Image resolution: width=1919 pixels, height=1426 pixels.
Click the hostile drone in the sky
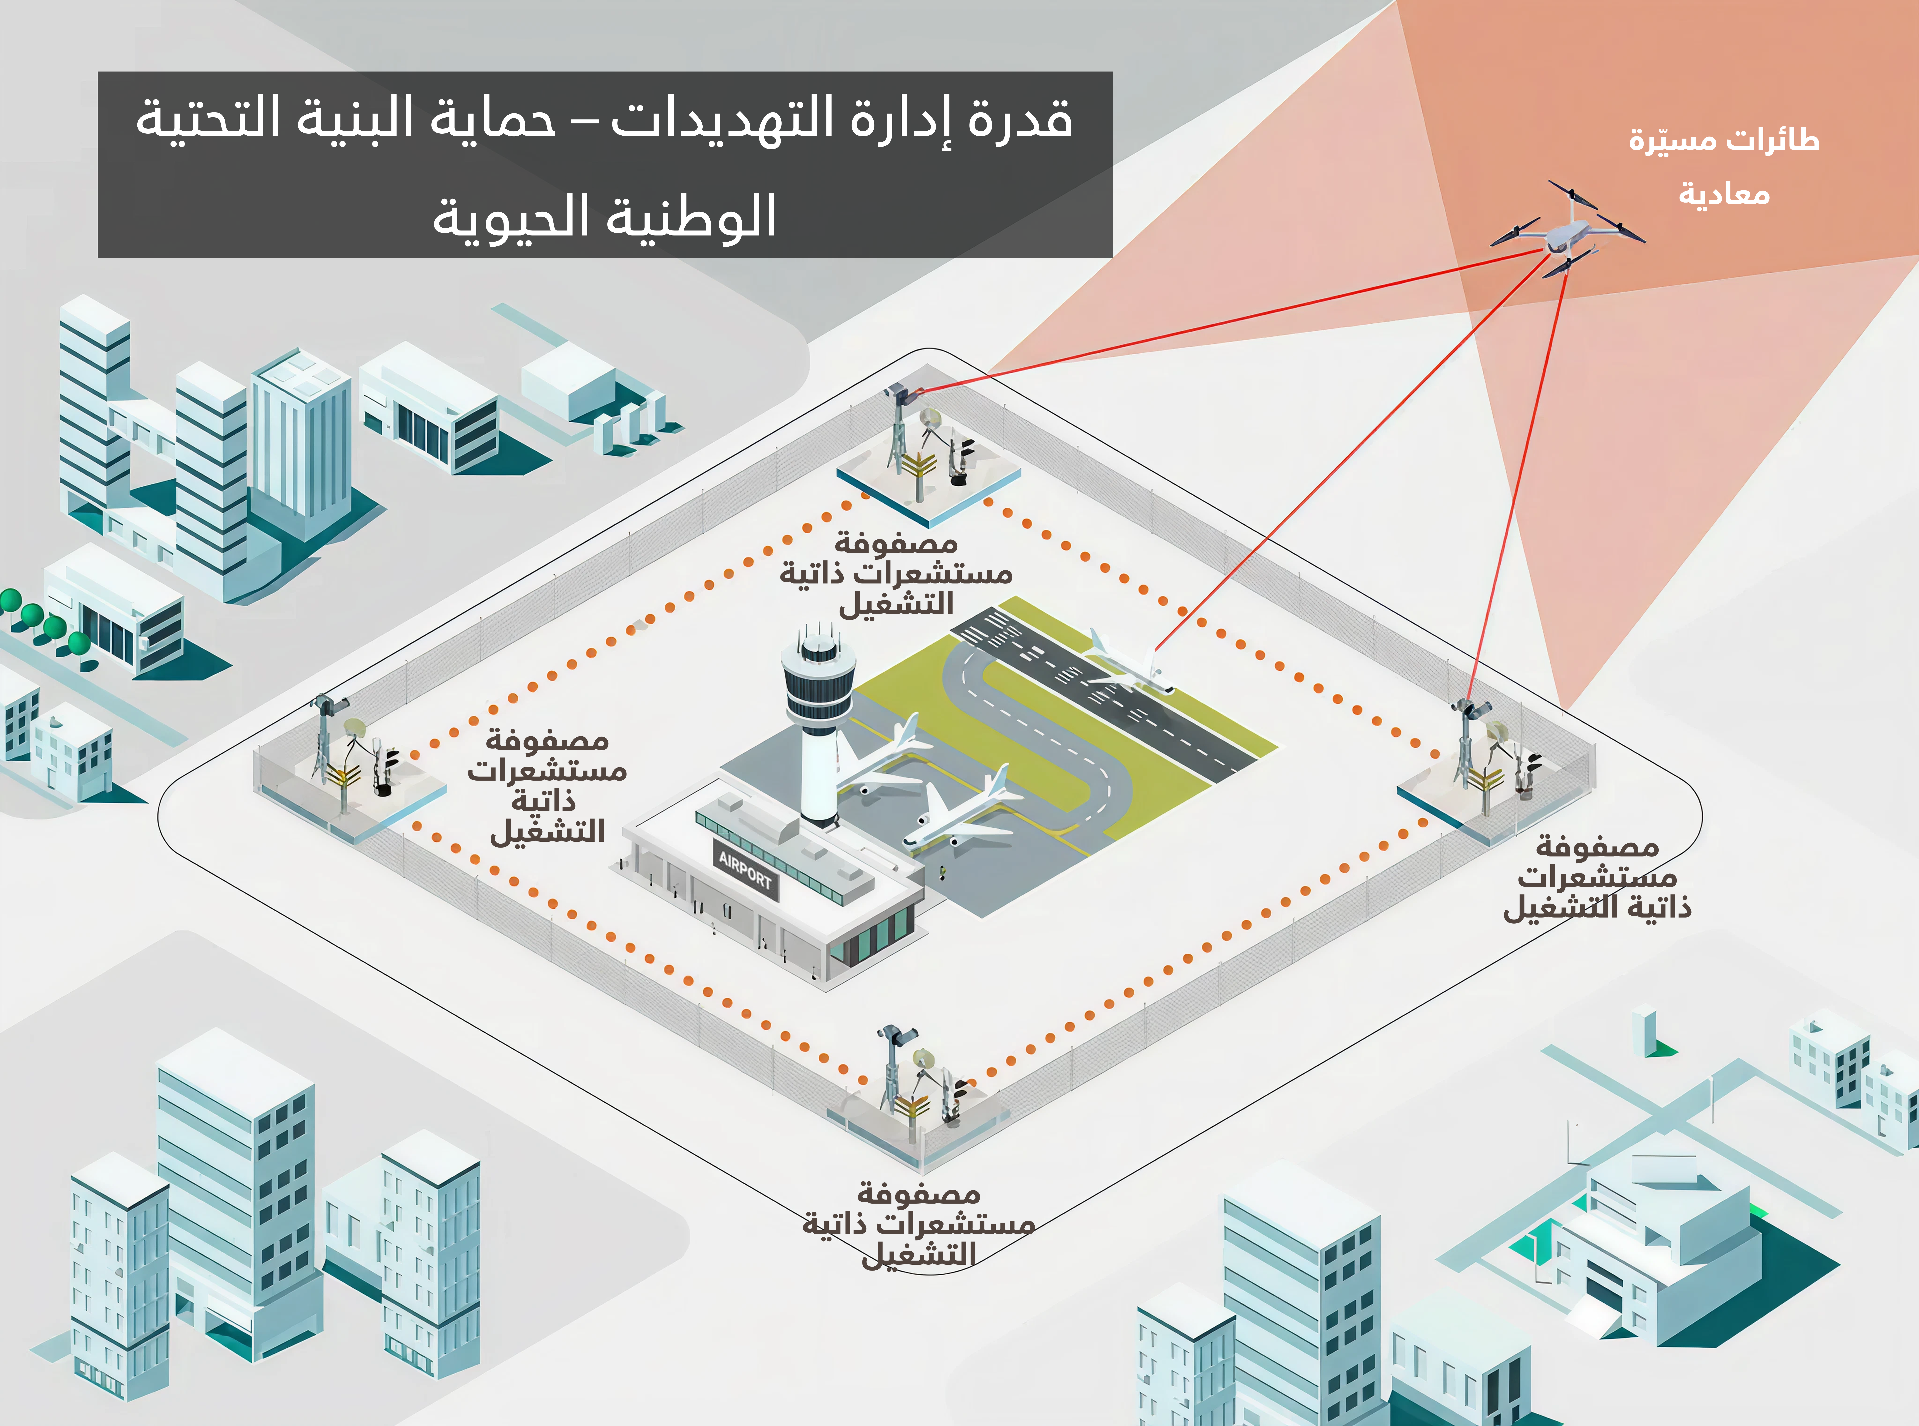pos(1567,231)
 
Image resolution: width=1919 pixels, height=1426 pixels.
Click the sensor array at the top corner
pos(928,449)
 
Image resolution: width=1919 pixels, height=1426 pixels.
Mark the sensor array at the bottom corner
pos(919,1083)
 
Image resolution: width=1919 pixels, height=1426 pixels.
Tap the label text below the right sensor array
pos(1597,878)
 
